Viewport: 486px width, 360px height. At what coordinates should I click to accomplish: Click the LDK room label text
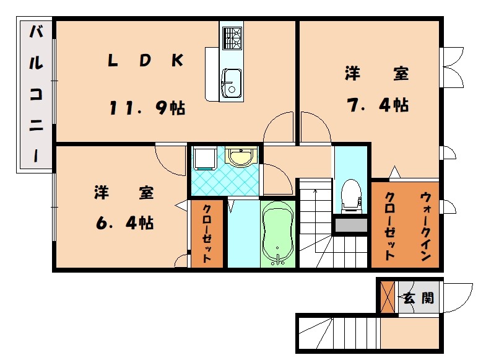[145, 60]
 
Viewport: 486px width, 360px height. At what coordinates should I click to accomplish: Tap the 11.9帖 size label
[147, 108]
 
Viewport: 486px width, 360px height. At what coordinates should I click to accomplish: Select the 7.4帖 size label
[378, 105]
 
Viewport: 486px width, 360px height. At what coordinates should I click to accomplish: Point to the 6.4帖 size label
[124, 222]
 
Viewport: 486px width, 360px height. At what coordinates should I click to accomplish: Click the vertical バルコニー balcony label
[37, 94]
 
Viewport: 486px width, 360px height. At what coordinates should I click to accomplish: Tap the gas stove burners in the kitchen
[232, 38]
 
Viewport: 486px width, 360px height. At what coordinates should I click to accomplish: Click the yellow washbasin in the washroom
[241, 156]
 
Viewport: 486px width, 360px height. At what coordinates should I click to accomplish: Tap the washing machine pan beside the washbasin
[204, 159]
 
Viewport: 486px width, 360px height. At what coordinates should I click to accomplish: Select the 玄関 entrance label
[419, 298]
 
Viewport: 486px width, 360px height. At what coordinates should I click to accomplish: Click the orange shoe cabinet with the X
[388, 297]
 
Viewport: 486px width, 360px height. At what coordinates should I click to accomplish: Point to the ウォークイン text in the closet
[426, 227]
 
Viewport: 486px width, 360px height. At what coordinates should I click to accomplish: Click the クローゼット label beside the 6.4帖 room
[207, 234]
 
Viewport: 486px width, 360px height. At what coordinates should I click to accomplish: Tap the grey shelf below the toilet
[351, 225]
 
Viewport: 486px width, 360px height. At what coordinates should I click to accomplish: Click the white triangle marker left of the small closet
[181, 205]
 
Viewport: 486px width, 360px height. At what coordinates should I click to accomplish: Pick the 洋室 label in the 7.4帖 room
[377, 74]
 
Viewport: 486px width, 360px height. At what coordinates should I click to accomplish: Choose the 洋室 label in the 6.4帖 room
[124, 192]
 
